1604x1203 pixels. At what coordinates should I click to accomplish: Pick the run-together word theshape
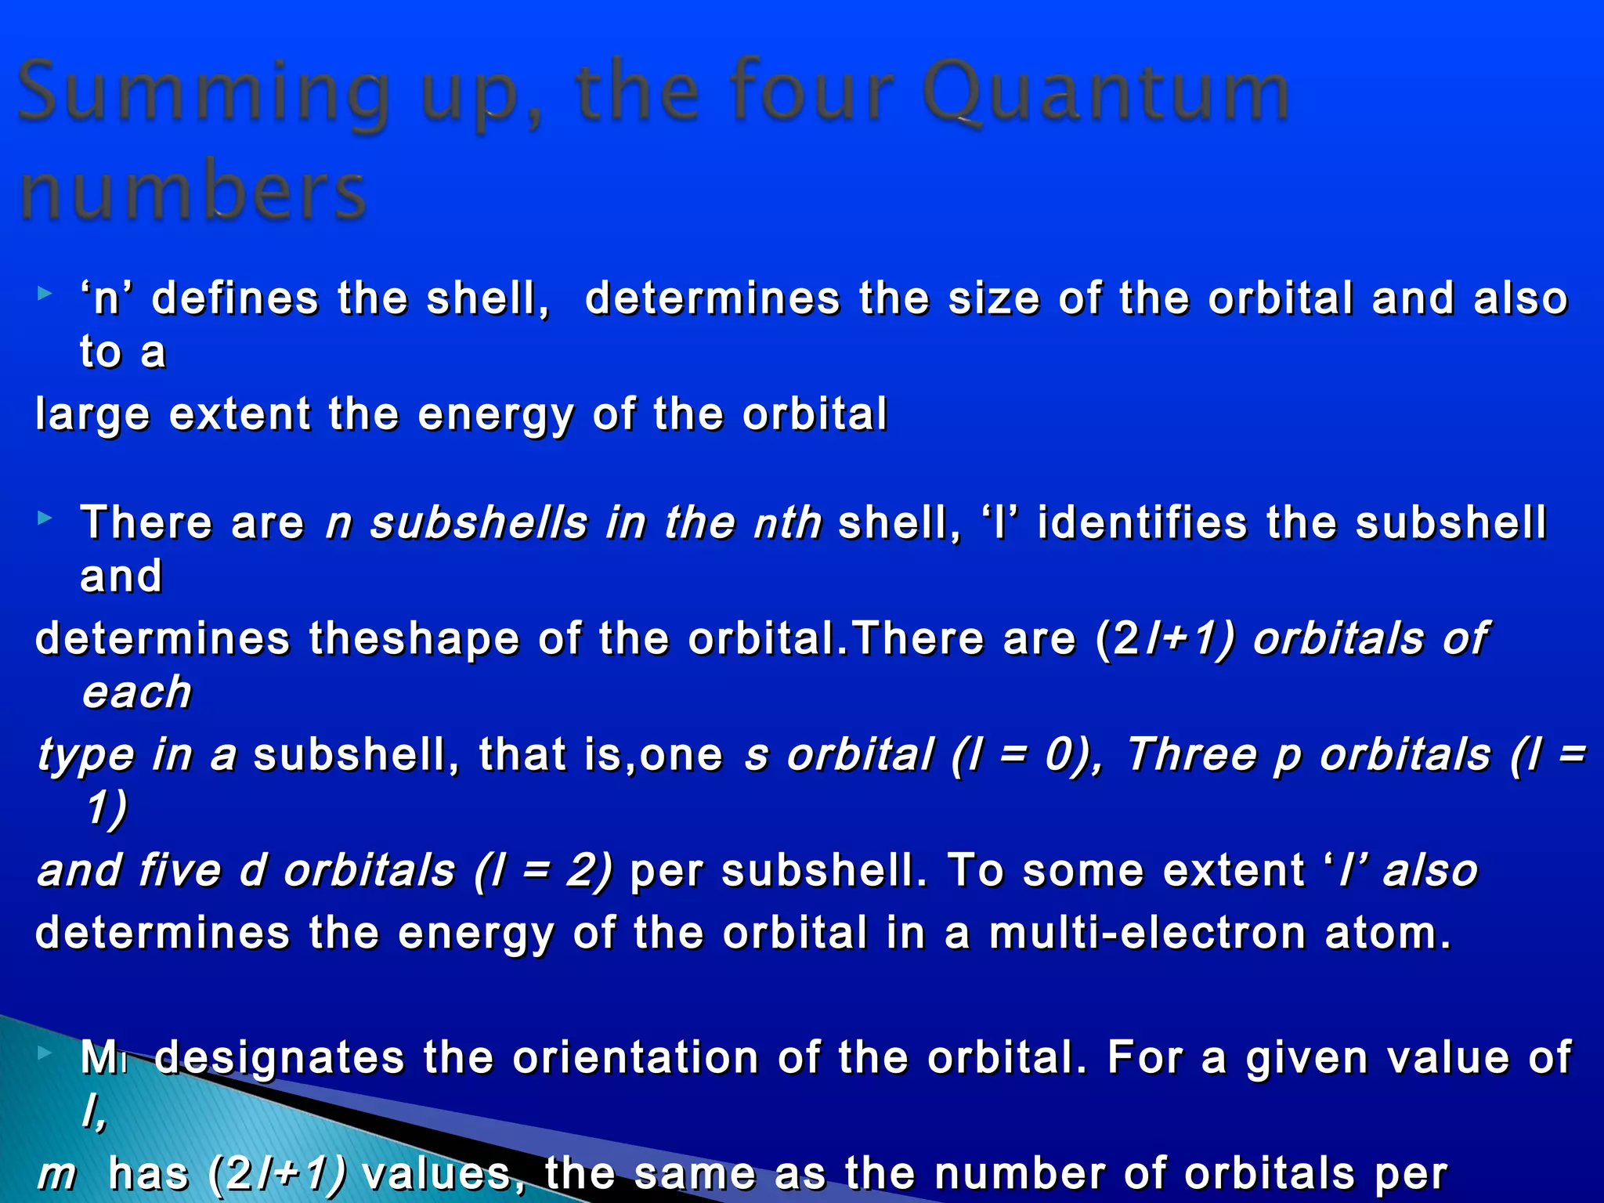414,638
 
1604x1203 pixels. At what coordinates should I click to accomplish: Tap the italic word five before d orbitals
179,870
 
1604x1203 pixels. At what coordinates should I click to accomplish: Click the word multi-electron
1147,933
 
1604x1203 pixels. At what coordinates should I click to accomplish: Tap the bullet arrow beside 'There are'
45,518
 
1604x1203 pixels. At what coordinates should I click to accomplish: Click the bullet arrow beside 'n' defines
45,294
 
